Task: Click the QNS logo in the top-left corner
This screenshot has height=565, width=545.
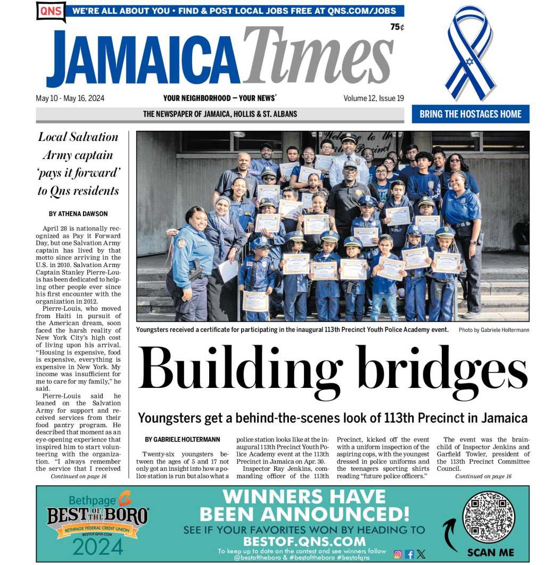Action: click(x=51, y=11)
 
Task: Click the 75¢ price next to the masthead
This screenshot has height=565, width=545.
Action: click(x=397, y=27)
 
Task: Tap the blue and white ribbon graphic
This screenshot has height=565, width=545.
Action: click(x=470, y=53)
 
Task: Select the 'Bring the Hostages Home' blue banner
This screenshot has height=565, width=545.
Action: click(x=470, y=114)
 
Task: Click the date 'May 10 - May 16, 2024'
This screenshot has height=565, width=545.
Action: click(x=70, y=98)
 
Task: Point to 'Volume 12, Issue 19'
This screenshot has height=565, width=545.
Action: click(x=373, y=98)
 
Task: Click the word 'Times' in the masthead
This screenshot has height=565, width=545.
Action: click(x=318, y=57)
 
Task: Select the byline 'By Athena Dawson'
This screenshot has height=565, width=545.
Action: click(x=78, y=214)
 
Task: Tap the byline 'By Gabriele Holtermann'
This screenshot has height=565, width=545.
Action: click(x=182, y=439)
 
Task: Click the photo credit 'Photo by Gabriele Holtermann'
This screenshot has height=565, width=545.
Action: click(x=493, y=330)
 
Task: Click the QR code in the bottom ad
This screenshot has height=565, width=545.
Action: click(x=489, y=516)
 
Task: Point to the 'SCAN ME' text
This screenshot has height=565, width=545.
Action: click(x=490, y=552)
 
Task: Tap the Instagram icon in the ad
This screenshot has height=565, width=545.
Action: click(x=397, y=554)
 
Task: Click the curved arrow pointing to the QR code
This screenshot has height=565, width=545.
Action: click(x=450, y=534)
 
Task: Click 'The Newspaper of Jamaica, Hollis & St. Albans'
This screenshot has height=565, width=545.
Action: click(x=220, y=114)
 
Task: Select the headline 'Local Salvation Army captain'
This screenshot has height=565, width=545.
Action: click(x=78, y=146)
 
